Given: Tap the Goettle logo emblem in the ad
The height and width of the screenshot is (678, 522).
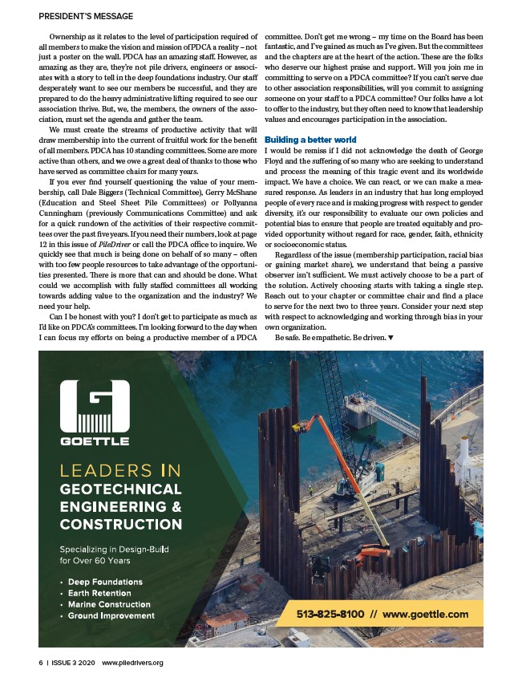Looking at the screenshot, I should point(95,406).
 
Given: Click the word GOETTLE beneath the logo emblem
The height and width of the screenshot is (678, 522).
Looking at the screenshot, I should point(95,441).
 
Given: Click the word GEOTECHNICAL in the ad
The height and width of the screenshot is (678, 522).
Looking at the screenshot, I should point(120,489).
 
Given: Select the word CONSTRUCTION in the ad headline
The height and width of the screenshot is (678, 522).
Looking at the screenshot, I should point(120,525).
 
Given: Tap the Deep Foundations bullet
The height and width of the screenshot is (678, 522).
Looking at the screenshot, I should point(105,582).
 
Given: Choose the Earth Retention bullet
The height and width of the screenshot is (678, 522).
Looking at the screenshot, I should point(103,593).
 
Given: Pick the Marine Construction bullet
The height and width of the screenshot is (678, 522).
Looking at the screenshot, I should point(109,604).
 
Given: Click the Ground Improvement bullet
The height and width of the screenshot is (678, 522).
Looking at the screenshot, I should point(111,615).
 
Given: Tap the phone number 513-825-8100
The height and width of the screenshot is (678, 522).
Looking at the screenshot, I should point(330,615).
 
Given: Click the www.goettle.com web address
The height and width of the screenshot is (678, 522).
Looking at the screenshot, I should point(425,615).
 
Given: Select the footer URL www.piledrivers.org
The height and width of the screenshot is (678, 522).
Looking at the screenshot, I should point(132,663).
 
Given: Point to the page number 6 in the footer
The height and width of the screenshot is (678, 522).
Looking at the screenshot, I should point(40,663).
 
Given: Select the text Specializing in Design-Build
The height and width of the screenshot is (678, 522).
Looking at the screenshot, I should point(117,549).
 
